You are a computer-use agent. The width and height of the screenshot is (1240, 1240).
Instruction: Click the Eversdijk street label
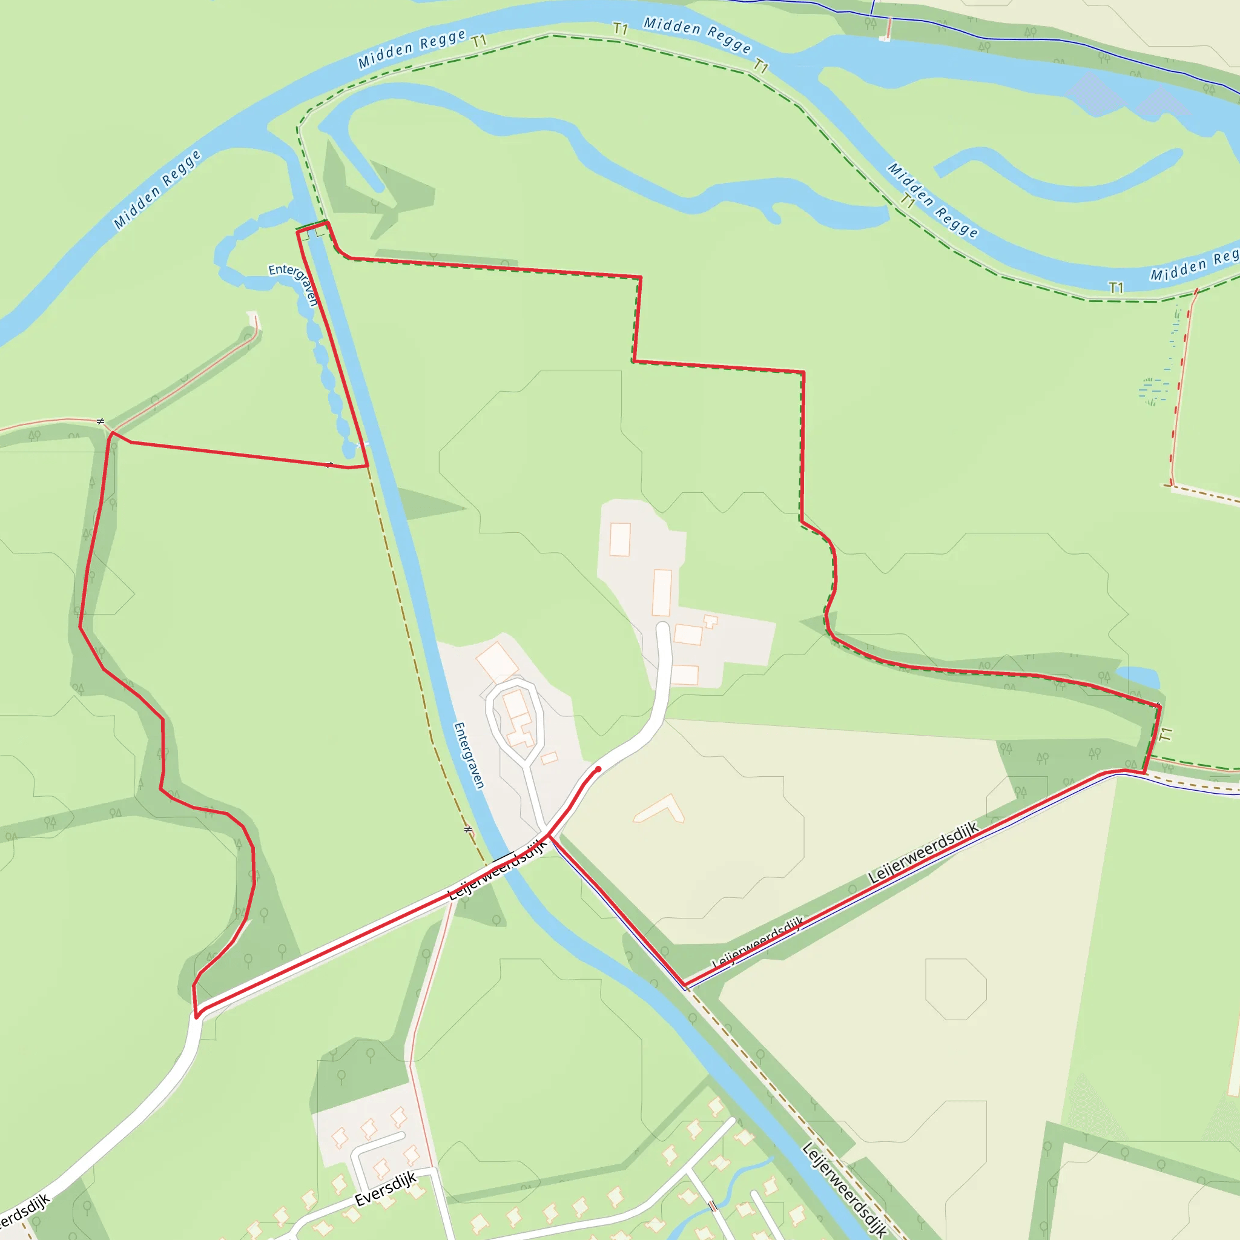[385, 1189]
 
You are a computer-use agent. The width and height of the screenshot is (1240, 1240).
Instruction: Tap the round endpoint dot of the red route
[598, 768]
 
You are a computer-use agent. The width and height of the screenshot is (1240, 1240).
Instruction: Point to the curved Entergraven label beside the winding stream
[294, 282]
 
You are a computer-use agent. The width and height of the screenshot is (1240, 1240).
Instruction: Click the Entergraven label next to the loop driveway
[469, 755]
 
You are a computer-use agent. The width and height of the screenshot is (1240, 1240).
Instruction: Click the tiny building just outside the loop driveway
[549, 759]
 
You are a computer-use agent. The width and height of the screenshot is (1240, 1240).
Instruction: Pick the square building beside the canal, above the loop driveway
[496, 661]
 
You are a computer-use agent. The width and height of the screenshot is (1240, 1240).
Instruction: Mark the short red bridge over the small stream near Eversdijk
[712, 1206]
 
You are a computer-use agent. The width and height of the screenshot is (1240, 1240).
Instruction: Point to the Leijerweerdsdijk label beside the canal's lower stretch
[845, 1189]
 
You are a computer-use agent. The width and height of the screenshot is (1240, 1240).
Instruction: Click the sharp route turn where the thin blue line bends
[684, 985]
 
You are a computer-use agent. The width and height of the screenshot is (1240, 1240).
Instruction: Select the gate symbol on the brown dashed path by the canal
[468, 830]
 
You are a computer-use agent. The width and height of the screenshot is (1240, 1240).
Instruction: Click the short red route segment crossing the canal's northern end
[312, 225]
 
